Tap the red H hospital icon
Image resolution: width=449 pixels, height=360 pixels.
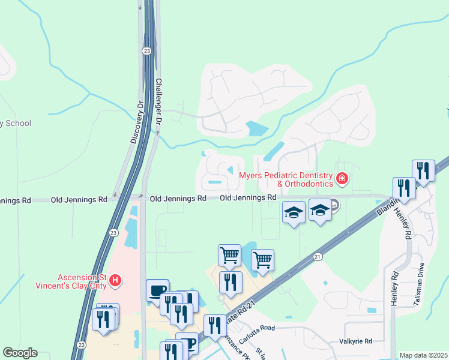(116, 280)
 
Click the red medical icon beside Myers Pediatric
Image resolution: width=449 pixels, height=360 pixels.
(342, 178)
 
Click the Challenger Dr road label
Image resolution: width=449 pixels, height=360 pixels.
(159, 101)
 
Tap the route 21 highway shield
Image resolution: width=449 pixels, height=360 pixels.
(316, 256)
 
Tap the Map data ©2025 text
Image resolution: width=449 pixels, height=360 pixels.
(423, 355)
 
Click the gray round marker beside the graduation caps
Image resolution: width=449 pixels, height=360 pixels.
(334, 206)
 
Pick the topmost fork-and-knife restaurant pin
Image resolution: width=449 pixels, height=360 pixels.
(423, 170)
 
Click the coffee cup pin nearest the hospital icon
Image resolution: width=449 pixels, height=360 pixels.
(157, 290)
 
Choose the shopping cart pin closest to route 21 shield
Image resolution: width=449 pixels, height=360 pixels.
(262, 260)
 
